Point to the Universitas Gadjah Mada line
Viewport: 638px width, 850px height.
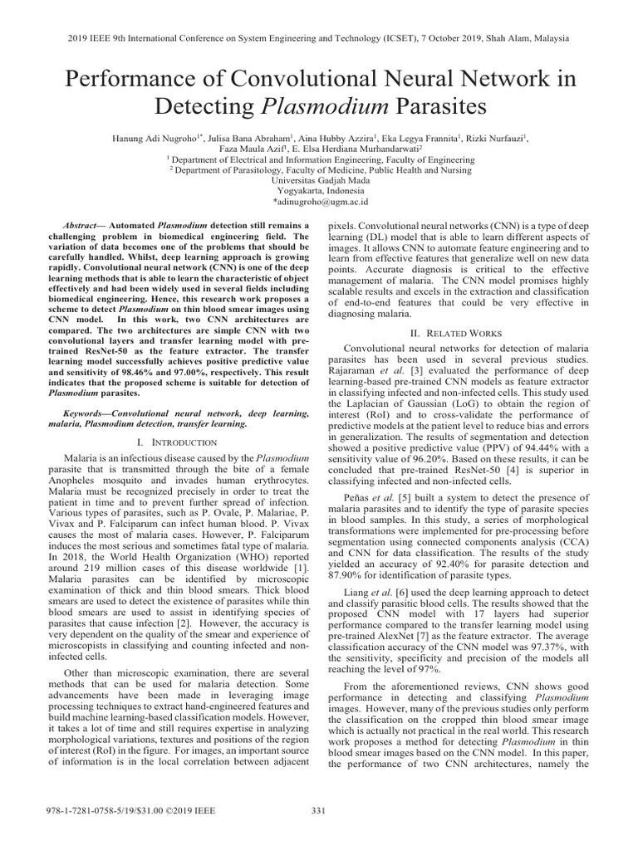pyautogui.click(x=319, y=178)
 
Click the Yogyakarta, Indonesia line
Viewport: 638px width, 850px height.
pyautogui.click(x=319, y=189)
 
